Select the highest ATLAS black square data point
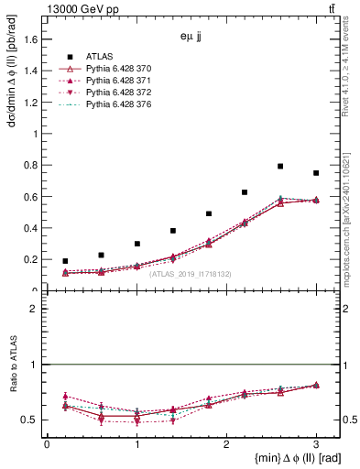tap(280, 166)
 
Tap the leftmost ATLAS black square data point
tap(65, 261)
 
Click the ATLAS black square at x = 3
tap(316, 173)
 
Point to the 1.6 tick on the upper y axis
tap(34, 38)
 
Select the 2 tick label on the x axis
tap(226, 443)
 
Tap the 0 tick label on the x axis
tap(47, 443)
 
